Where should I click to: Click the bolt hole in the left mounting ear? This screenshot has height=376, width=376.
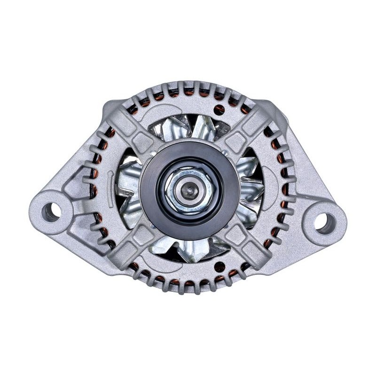(51, 212)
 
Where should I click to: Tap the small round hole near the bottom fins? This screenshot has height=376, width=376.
(219, 266)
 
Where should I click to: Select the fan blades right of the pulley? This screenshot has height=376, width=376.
(249, 188)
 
